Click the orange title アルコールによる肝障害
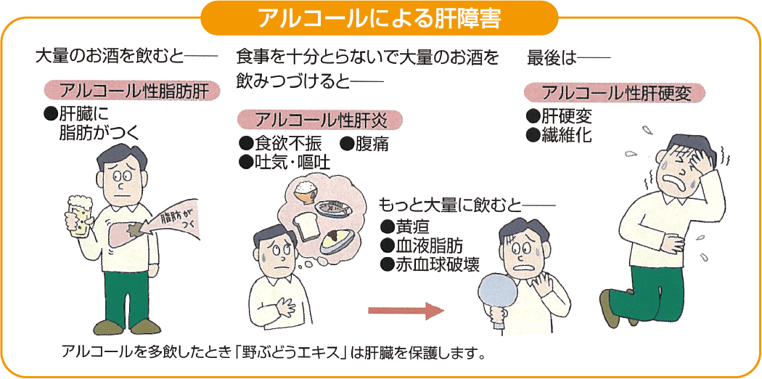point(380,17)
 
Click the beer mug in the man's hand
point(79,214)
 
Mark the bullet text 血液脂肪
point(429,244)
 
